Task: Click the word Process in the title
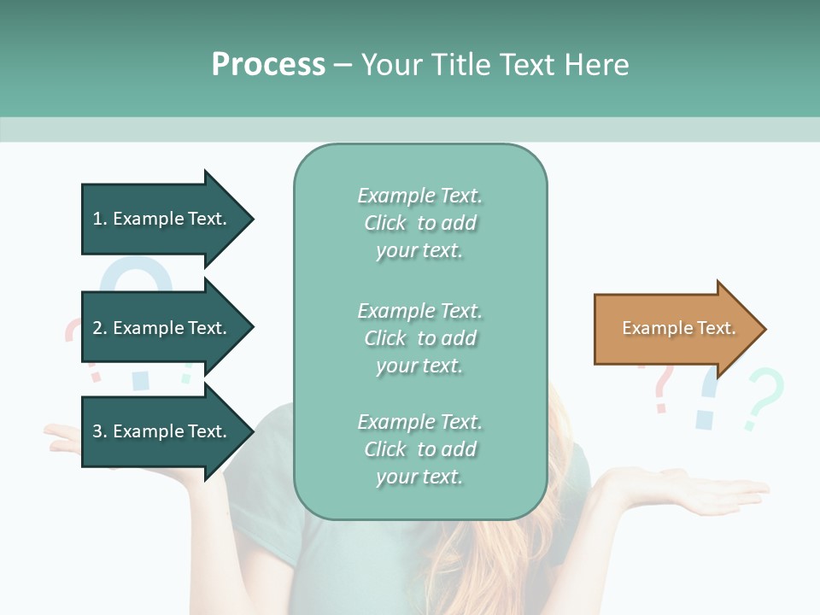268,65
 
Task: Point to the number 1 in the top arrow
97,220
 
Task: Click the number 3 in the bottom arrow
97,432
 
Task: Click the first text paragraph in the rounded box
419,223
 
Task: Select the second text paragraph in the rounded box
419,338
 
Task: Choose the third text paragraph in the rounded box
419,449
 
